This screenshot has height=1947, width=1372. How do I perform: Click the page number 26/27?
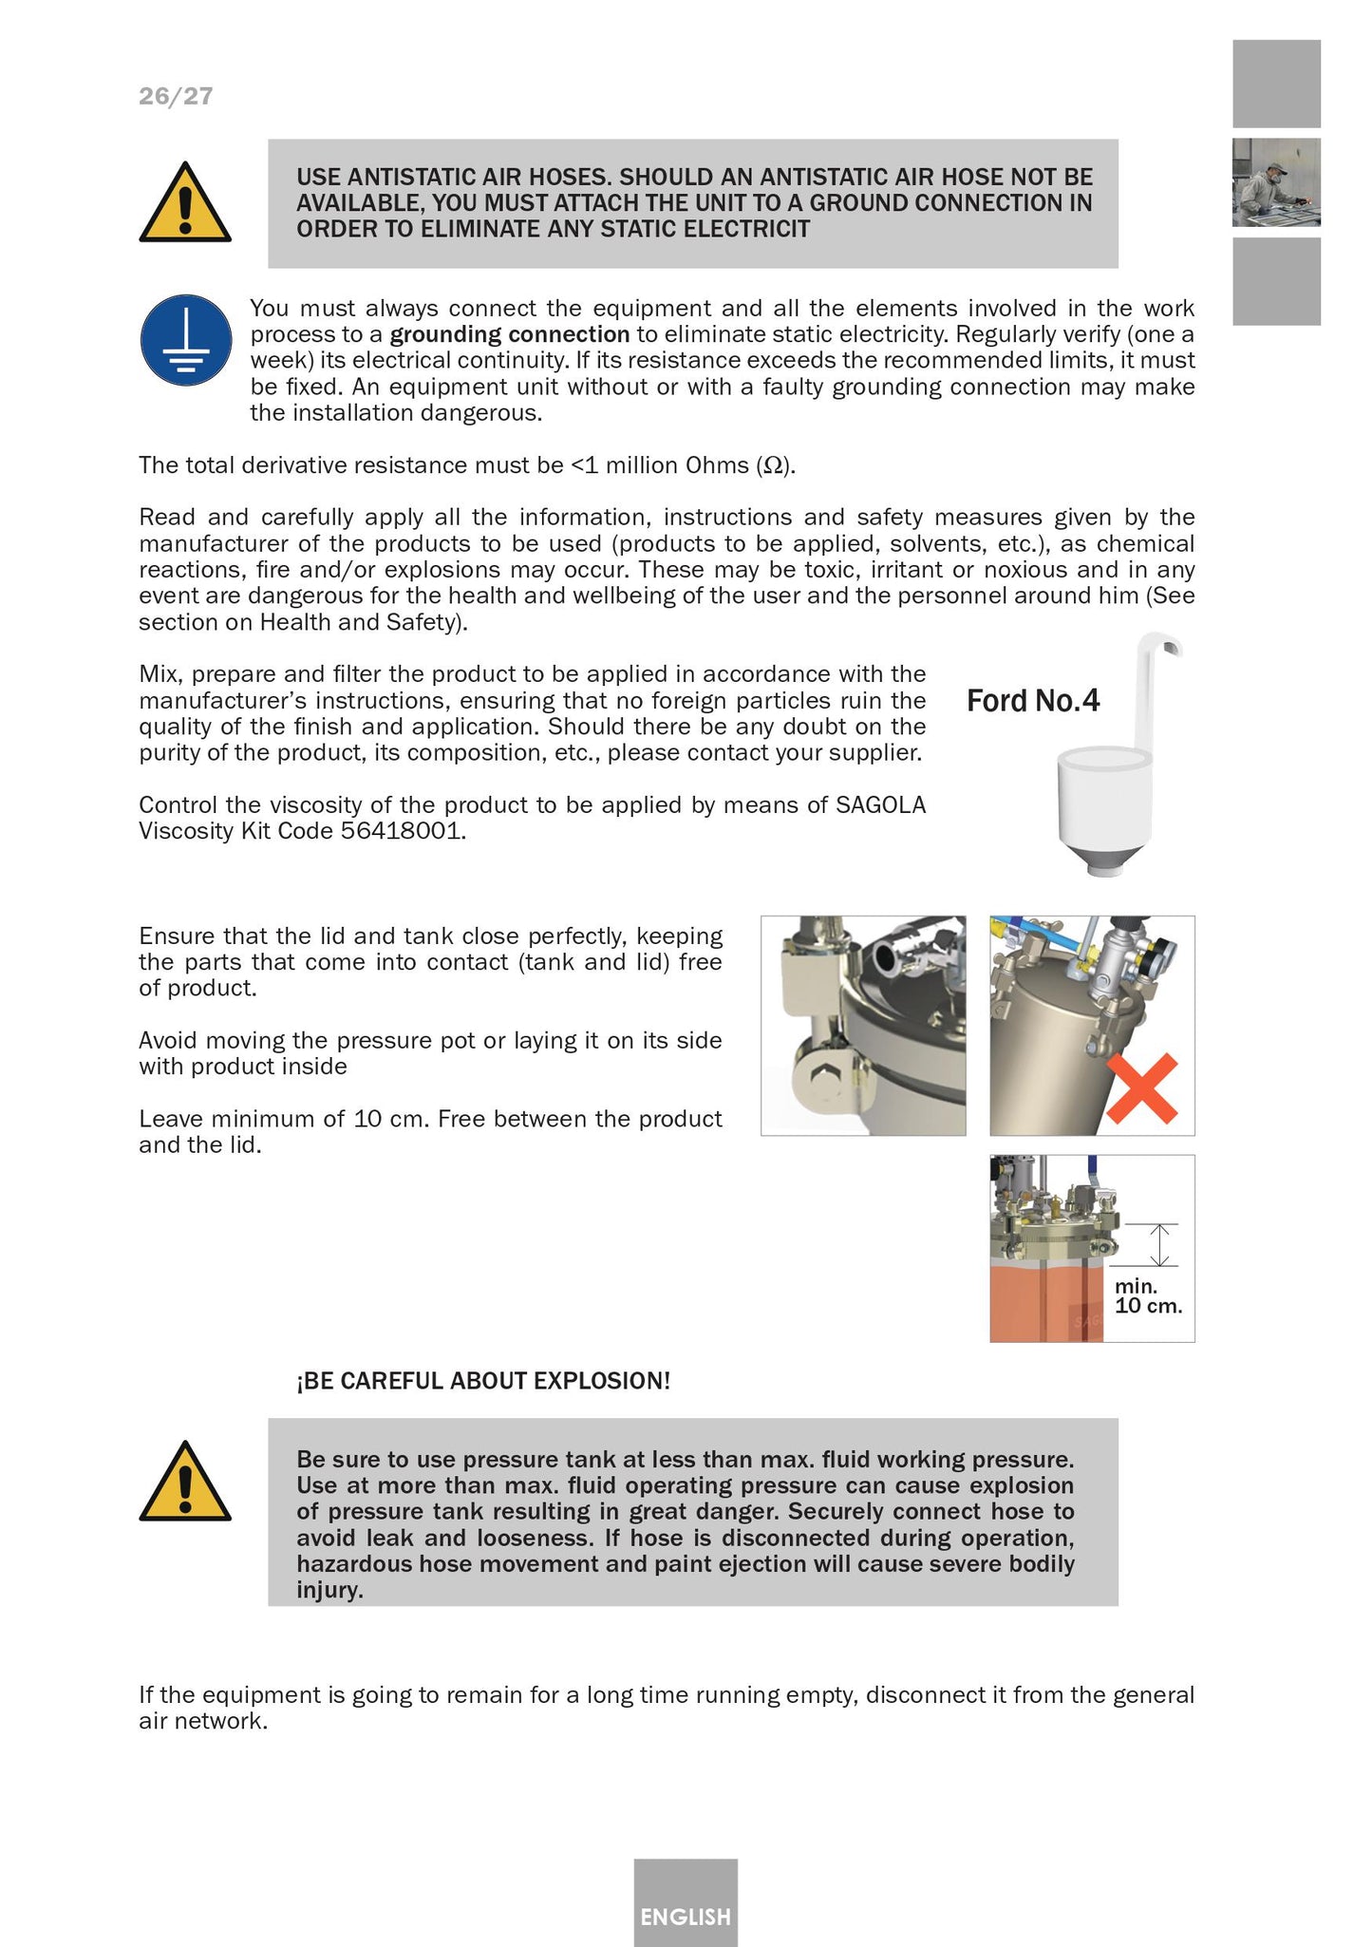point(176,96)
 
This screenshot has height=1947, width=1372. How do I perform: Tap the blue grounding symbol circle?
point(186,340)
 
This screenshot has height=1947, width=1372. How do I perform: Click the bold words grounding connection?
point(509,334)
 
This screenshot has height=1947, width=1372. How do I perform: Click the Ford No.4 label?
point(1032,701)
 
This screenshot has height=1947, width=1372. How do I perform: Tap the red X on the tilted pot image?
point(1142,1088)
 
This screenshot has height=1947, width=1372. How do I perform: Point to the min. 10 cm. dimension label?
point(1147,1296)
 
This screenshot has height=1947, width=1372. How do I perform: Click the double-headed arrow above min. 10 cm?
point(1159,1245)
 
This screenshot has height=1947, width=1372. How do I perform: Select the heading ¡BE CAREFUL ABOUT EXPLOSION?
point(482,1381)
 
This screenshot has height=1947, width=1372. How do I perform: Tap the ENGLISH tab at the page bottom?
point(685,1917)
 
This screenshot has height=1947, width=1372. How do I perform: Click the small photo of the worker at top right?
point(1275,182)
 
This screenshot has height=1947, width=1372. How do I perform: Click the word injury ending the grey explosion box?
point(328,1590)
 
